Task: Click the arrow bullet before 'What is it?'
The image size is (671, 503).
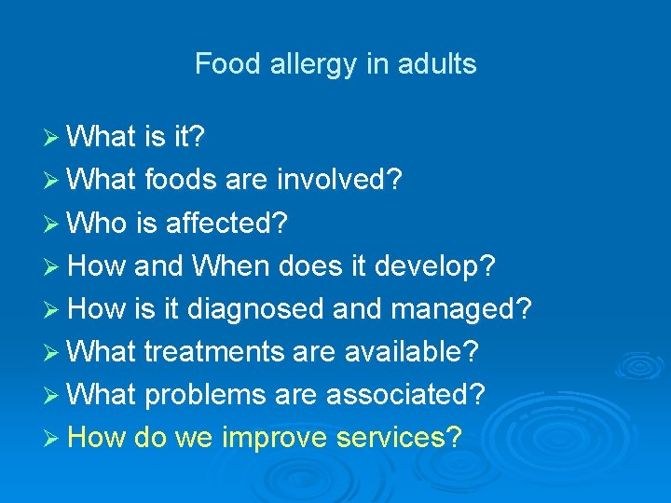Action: pyautogui.click(x=53, y=139)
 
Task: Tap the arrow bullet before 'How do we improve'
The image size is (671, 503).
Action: pyautogui.click(x=53, y=437)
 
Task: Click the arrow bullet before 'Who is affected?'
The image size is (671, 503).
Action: pyautogui.click(x=53, y=224)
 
